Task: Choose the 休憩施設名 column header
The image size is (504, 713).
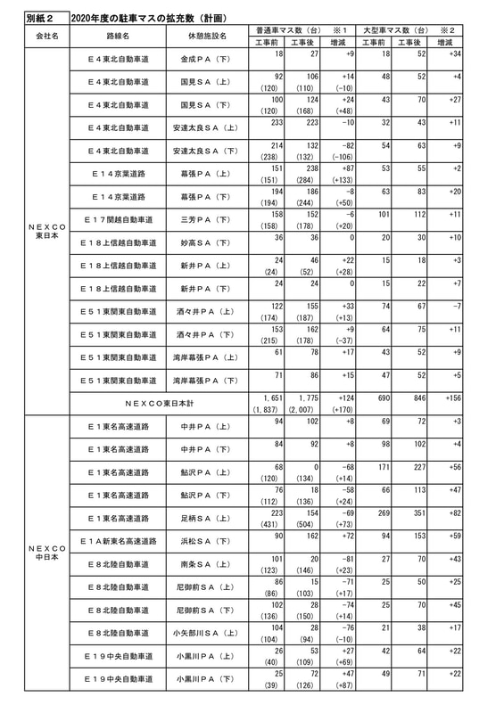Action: (x=207, y=37)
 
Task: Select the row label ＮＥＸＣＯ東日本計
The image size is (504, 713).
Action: (x=158, y=403)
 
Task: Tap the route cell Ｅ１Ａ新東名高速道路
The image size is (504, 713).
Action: (x=119, y=540)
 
